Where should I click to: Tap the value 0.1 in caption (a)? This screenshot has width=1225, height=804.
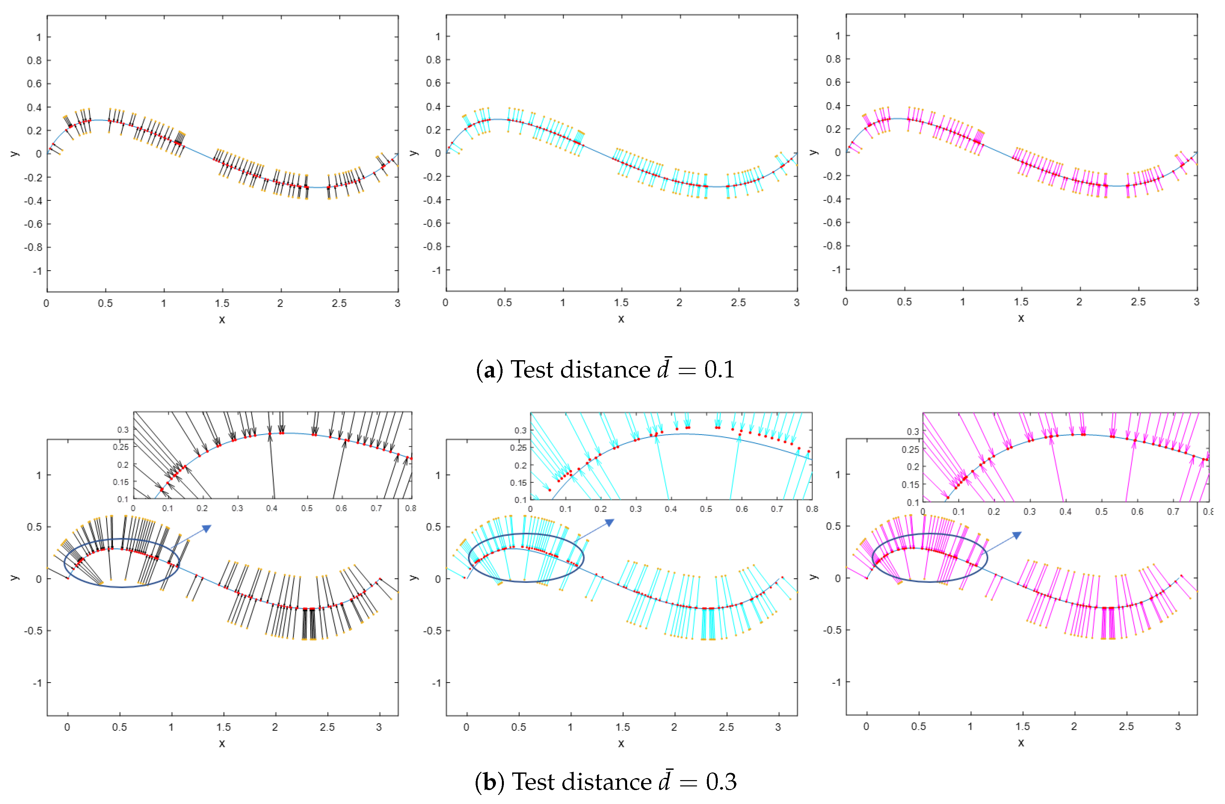point(719,369)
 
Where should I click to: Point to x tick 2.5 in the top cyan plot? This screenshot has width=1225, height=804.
point(738,302)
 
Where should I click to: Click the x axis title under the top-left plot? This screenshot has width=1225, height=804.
point(222,319)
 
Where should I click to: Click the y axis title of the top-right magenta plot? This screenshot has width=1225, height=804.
point(813,152)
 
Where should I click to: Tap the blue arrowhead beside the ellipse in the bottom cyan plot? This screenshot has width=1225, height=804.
point(610,523)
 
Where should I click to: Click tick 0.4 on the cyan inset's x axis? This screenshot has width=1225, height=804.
point(671,509)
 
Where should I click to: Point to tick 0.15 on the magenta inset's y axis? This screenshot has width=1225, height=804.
point(910,485)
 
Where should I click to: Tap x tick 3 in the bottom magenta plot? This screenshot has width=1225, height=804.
point(1178,726)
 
